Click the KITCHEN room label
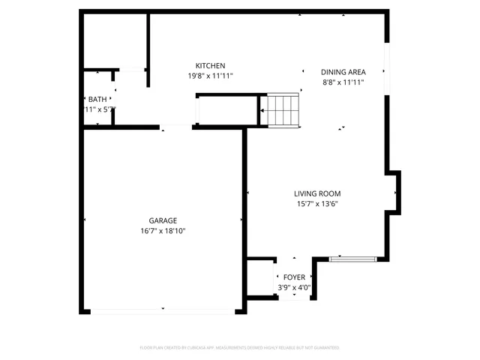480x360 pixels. click(x=210, y=66)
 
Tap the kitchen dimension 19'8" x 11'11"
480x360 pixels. click(x=210, y=76)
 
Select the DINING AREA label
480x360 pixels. click(x=343, y=72)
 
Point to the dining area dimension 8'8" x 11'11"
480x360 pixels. click(x=343, y=82)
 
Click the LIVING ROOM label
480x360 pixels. click(x=316, y=193)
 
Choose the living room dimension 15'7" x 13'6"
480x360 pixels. click(x=316, y=204)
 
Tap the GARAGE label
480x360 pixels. click(x=163, y=220)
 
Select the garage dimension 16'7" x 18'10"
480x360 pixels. click(x=163, y=231)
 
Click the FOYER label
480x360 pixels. click(x=294, y=277)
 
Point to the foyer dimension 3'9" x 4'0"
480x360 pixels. click(x=294, y=287)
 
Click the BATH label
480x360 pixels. click(x=97, y=99)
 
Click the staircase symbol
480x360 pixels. click(x=283, y=109)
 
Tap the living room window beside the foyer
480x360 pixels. click(x=352, y=259)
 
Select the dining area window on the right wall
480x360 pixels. click(x=386, y=71)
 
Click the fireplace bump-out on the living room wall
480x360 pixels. click(x=394, y=192)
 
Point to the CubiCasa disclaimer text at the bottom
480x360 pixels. click(x=240, y=347)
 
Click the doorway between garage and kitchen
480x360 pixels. click(x=176, y=127)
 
